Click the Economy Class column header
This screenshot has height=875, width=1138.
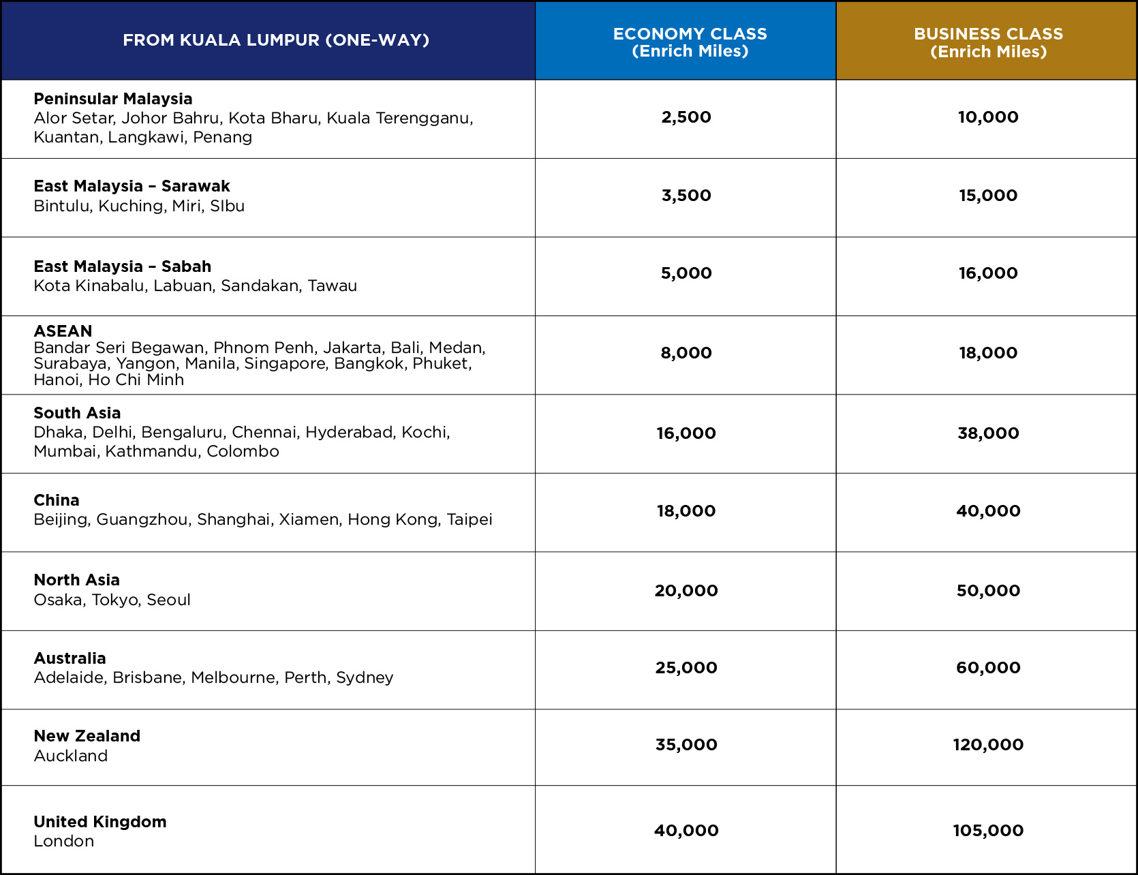coord(690,42)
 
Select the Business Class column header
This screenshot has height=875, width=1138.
coord(988,42)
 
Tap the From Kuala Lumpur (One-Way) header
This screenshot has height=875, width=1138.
coord(276,40)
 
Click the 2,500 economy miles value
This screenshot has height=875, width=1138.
coord(686,117)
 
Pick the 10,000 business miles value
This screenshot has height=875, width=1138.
coord(988,117)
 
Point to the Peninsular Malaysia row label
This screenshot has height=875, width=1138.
coord(113,99)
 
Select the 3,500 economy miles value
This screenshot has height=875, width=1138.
coord(686,196)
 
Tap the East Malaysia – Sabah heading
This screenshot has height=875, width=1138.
coord(123,266)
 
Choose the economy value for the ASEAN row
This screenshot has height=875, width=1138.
coord(686,353)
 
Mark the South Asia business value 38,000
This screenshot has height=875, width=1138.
coord(988,433)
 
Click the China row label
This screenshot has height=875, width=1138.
coord(57,500)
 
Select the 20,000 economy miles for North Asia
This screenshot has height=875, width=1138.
coord(686,591)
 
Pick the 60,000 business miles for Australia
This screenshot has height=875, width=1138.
coord(988,668)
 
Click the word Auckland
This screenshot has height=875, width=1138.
coord(71,756)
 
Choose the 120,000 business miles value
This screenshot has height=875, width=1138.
coord(988,745)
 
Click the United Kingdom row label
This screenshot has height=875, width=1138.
coord(100,822)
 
